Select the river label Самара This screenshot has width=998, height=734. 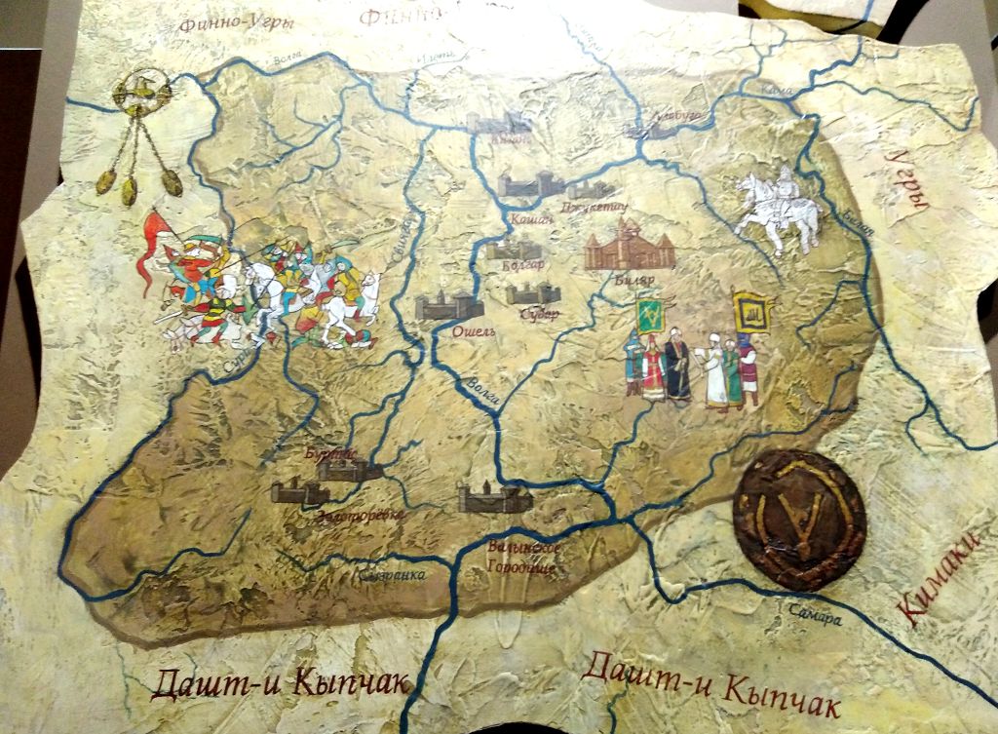point(815,615)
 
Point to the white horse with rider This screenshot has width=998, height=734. point(777,210)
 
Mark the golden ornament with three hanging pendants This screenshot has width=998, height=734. point(140,136)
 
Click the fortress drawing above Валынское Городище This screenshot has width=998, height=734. point(495,499)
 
